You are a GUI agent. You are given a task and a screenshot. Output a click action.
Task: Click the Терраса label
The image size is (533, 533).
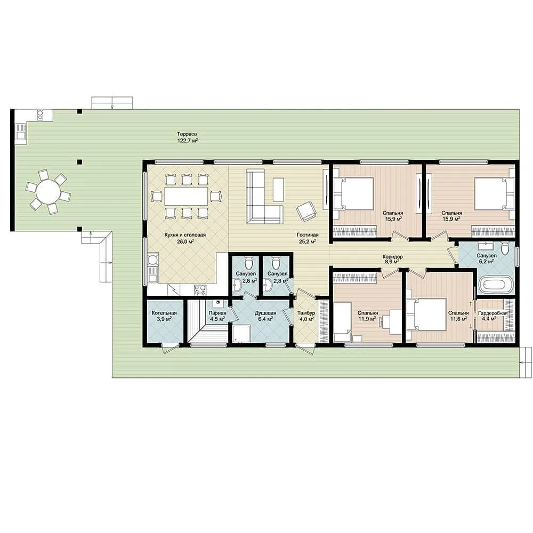187,134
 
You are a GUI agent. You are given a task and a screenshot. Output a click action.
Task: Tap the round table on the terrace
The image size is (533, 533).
49,191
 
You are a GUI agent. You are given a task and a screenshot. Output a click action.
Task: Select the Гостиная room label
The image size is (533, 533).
308,235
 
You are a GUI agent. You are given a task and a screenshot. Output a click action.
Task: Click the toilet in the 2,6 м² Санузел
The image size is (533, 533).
249,262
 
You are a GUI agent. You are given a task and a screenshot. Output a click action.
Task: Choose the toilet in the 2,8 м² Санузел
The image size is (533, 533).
276,262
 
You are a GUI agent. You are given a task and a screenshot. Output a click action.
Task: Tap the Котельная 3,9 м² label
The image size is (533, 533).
164,316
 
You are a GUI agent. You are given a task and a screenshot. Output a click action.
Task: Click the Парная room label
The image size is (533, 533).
217,313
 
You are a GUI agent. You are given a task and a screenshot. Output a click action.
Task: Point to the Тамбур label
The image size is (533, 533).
306,313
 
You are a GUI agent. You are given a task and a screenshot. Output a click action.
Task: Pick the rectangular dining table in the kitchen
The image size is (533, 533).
186,196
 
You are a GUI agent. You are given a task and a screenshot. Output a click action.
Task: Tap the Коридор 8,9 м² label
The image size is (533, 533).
393,260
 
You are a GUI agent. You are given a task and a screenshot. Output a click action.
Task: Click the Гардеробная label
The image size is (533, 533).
492,313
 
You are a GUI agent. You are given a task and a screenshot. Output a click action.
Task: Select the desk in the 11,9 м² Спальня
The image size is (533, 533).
395,321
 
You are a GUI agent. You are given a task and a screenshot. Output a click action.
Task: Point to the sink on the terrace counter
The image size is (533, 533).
20,131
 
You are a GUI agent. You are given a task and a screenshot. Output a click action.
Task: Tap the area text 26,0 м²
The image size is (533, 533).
185,241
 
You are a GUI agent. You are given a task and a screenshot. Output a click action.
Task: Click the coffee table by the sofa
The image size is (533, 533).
278,189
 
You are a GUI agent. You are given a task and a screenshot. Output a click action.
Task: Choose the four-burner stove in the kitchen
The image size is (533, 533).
200,290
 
